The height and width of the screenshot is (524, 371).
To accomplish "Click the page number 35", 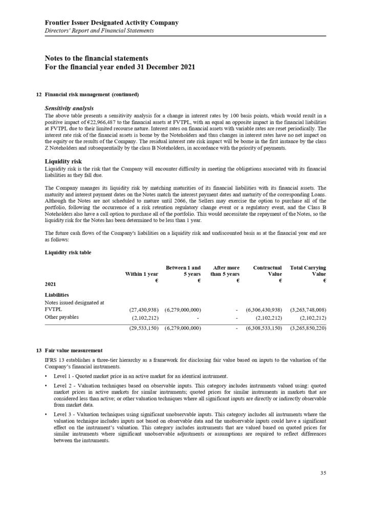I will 323,473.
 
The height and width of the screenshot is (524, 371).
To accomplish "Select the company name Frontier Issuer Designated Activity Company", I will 112,23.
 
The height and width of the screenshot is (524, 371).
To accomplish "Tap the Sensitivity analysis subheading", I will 69,108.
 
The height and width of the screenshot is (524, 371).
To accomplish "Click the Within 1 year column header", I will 142,275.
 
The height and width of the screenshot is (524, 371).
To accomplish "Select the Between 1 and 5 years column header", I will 182,271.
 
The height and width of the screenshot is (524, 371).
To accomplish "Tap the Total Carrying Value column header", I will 308,271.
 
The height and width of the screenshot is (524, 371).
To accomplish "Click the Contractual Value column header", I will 267,271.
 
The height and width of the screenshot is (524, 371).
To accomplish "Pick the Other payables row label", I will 62,318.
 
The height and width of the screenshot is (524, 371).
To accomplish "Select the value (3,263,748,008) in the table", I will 308,310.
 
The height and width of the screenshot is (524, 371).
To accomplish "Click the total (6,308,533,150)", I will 264,327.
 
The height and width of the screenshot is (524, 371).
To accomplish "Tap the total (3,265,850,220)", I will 308,327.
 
